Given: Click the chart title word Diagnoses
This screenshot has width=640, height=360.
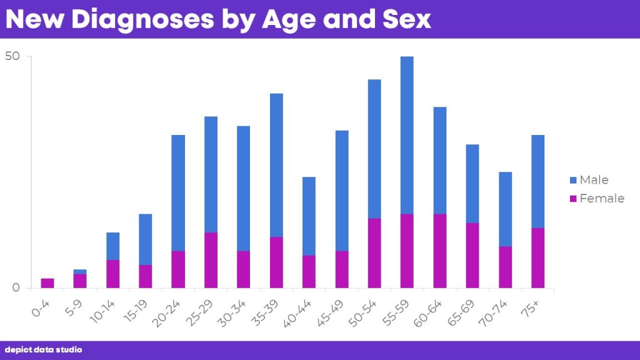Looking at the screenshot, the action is (142, 19).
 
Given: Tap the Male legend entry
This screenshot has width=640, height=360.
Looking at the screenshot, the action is (589, 180).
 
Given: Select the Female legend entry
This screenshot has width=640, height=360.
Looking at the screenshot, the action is (597, 198).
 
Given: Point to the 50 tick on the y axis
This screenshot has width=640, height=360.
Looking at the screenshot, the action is (12, 56).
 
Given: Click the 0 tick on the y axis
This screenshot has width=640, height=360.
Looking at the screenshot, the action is (16, 287).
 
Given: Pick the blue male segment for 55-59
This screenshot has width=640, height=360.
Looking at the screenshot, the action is (407, 135).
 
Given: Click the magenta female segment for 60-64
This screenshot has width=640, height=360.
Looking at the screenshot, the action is (439, 251).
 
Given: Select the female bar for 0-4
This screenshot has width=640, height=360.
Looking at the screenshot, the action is (47, 283).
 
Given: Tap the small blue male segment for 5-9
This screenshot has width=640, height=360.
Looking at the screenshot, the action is (80, 271).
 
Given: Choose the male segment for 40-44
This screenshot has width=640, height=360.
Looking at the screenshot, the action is (309, 216).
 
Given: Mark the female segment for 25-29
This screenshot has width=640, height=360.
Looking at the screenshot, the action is (211, 261).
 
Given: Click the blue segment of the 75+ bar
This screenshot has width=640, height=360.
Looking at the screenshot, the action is (538, 181).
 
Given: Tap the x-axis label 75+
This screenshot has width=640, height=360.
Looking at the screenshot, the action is (530, 308).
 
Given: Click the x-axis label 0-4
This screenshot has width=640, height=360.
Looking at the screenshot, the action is (40, 308).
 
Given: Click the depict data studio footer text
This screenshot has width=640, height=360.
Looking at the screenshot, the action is (43, 350).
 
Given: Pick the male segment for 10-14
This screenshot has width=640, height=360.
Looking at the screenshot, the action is (113, 246).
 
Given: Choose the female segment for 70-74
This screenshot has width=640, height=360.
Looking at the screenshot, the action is (505, 267).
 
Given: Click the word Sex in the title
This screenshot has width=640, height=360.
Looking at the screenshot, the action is (406, 19).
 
